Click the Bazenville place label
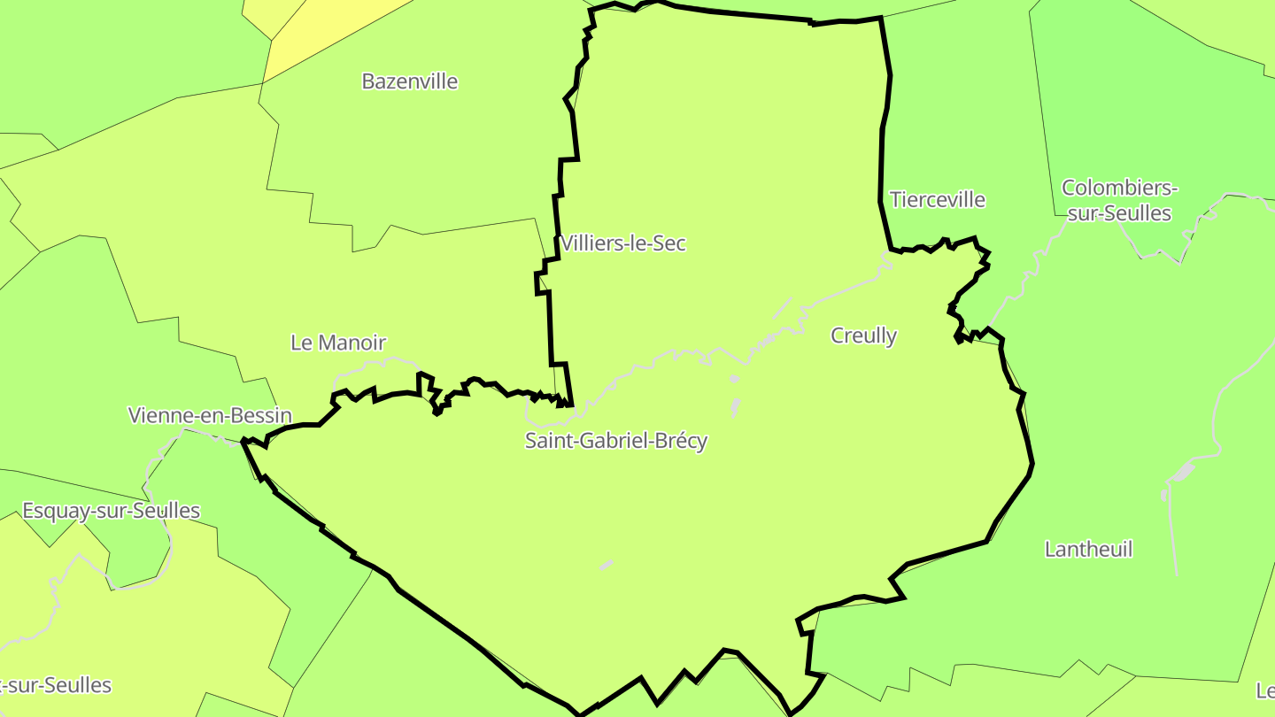pos(410,81)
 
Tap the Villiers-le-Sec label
pos(623,243)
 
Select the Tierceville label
pos(938,200)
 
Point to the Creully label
pos(863,336)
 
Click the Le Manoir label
pos(338,343)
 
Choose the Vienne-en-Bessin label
pos(210,415)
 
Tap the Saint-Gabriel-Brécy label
pos(616,441)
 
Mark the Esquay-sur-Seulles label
pos(111,511)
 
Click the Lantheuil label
pos(1088,550)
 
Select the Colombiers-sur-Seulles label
pos(1119,201)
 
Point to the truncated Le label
pos(1265,690)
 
